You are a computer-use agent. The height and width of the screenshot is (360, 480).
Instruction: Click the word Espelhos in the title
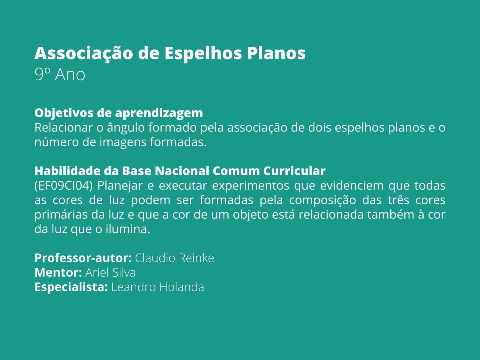203,54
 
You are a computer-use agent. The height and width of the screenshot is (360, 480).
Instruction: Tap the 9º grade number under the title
42,74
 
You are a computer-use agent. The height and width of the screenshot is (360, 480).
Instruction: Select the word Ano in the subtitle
70,75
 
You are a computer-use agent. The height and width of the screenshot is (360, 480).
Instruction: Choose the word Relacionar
64,127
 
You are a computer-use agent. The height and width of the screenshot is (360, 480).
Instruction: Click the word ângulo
126,128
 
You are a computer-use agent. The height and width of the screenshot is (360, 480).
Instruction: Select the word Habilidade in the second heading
67,171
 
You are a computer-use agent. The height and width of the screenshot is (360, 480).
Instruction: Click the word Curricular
294,171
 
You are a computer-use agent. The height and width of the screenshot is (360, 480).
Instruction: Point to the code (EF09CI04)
64,186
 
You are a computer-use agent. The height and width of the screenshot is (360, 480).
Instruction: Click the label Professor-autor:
83,258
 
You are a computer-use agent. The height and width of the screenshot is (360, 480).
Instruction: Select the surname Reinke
196,258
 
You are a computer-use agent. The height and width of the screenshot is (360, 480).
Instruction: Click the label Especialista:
71,287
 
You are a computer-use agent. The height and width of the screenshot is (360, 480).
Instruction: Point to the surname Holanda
182,287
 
